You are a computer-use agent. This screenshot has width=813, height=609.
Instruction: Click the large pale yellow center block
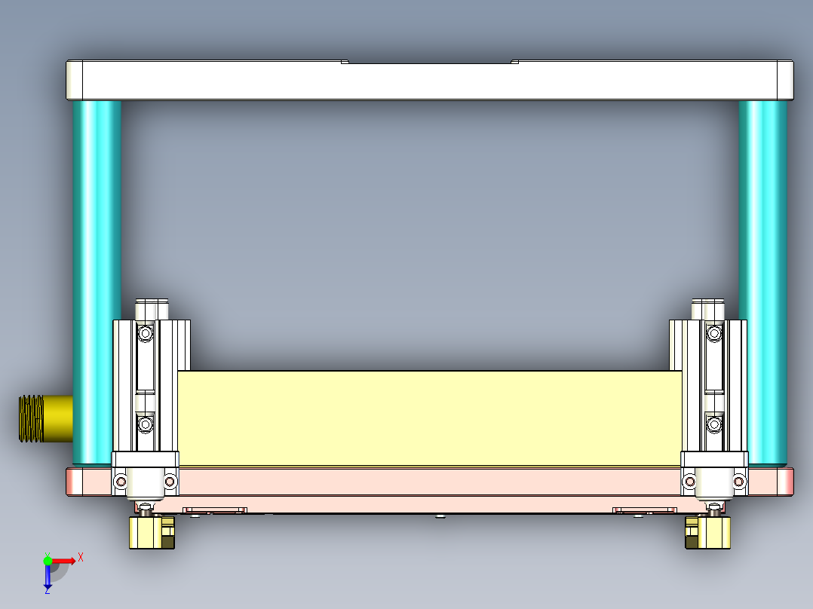(x=430, y=418)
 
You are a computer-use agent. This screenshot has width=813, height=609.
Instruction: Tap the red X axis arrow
(x=66, y=560)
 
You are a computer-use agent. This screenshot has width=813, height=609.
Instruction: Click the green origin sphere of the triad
(x=48, y=561)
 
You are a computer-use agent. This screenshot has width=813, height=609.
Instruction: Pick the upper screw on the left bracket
(x=145, y=332)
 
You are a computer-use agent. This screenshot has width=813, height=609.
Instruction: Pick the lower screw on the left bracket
(x=145, y=426)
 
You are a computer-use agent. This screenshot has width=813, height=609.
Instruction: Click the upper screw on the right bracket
(x=713, y=332)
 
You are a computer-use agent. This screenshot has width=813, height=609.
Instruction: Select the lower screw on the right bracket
(x=713, y=426)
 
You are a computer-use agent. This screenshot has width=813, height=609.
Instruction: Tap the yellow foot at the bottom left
(x=151, y=533)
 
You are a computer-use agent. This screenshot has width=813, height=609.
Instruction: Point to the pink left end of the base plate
(x=75, y=482)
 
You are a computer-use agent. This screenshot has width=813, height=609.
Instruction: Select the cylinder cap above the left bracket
(x=152, y=310)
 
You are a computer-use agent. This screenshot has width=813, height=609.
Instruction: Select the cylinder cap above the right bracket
(x=708, y=310)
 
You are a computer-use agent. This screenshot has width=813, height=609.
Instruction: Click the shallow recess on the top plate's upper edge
(x=430, y=62)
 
